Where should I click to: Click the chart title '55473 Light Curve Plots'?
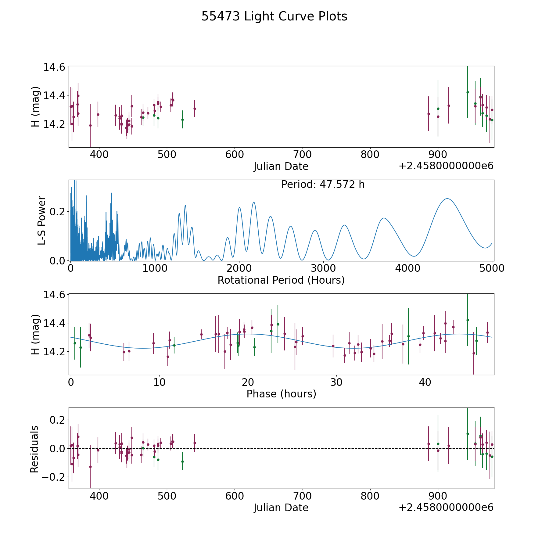coord(274,16)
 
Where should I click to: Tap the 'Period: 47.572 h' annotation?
coord(323,185)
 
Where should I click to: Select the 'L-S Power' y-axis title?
coord(42,220)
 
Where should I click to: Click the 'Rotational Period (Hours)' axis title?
coord(281,280)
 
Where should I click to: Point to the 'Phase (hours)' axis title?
coord(281,394)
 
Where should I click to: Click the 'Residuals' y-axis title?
coord(34,449)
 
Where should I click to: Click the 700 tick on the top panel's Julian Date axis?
coord(302,155)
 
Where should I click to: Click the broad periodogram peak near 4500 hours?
coord(447,199)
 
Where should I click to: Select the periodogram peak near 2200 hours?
coord(253,202)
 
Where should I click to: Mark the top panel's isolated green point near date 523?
coord(182,120)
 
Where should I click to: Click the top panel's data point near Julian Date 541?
coord(195,109)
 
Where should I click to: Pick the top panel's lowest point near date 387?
coord(90,125)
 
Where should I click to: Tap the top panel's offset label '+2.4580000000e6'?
coord(446,166)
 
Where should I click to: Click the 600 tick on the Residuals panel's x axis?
coord(235,496)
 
